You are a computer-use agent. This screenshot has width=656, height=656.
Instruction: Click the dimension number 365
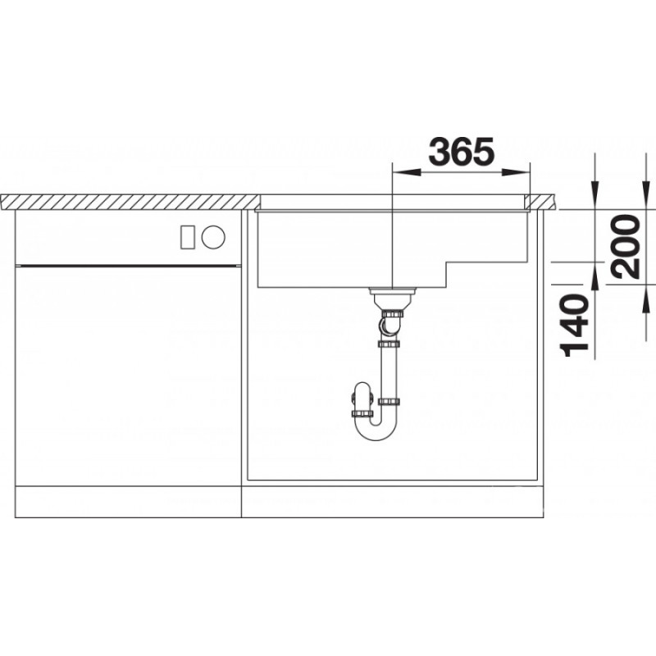pyautogui.click(x=462, y=152)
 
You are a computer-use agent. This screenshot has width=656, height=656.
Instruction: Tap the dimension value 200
pyautogui.click(x=626, y=247)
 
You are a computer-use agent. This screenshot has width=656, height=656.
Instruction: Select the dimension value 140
pyautogui.click(x=576, y=325)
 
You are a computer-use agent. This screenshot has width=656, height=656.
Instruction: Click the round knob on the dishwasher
pyautogui.click(x=213, y=237)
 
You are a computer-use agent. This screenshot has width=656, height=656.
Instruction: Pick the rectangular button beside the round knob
pyautogui.click(x=187, y=237)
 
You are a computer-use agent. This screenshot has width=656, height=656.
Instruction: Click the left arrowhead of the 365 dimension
pyautogui.click(x=406, y=172)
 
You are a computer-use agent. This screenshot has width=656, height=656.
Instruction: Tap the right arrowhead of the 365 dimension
pyautogui.click(x=516, y=172)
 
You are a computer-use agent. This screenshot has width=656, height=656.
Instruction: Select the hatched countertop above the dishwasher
pyautogui.click(x=130, y=202)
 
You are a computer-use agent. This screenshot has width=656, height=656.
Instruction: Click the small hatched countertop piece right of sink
pyautogui.click(x=540, y=202)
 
